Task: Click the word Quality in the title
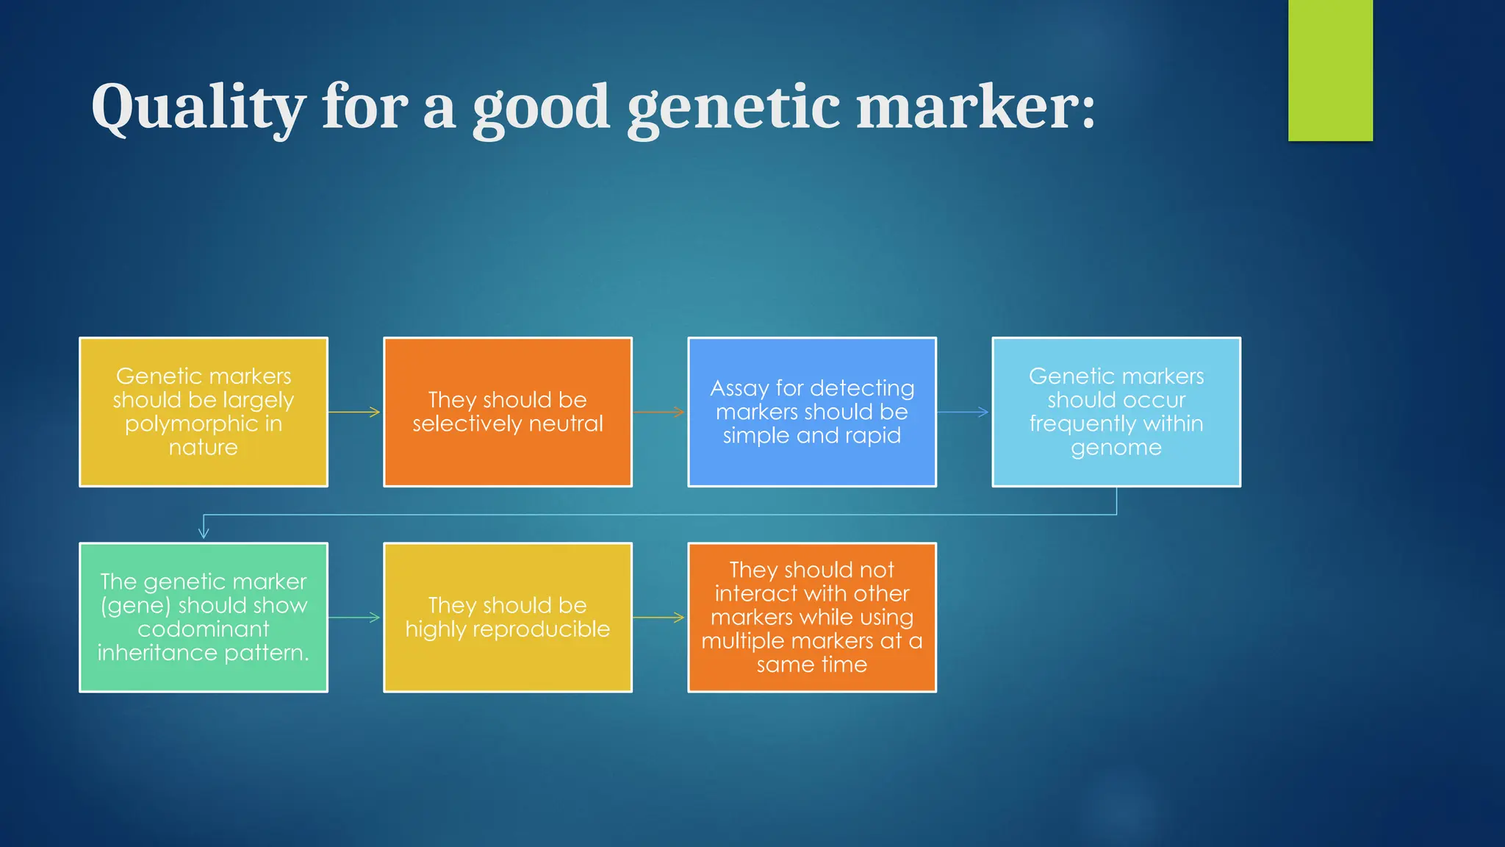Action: point(197,107)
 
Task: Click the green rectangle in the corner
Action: point(1330,70)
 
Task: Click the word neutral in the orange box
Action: point(566,424)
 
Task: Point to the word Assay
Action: point(739,388)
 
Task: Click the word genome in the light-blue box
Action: point(1116,448)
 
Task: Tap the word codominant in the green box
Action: point(204,629)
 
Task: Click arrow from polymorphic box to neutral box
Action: point(355,412)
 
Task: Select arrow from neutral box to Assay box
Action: point(659,412)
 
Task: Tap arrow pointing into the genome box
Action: point(963,412)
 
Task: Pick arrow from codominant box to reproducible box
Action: point(355,618)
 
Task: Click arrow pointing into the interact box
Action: point(659,618)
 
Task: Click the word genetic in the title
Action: point(733,107)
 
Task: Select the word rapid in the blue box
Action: point(873,436)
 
